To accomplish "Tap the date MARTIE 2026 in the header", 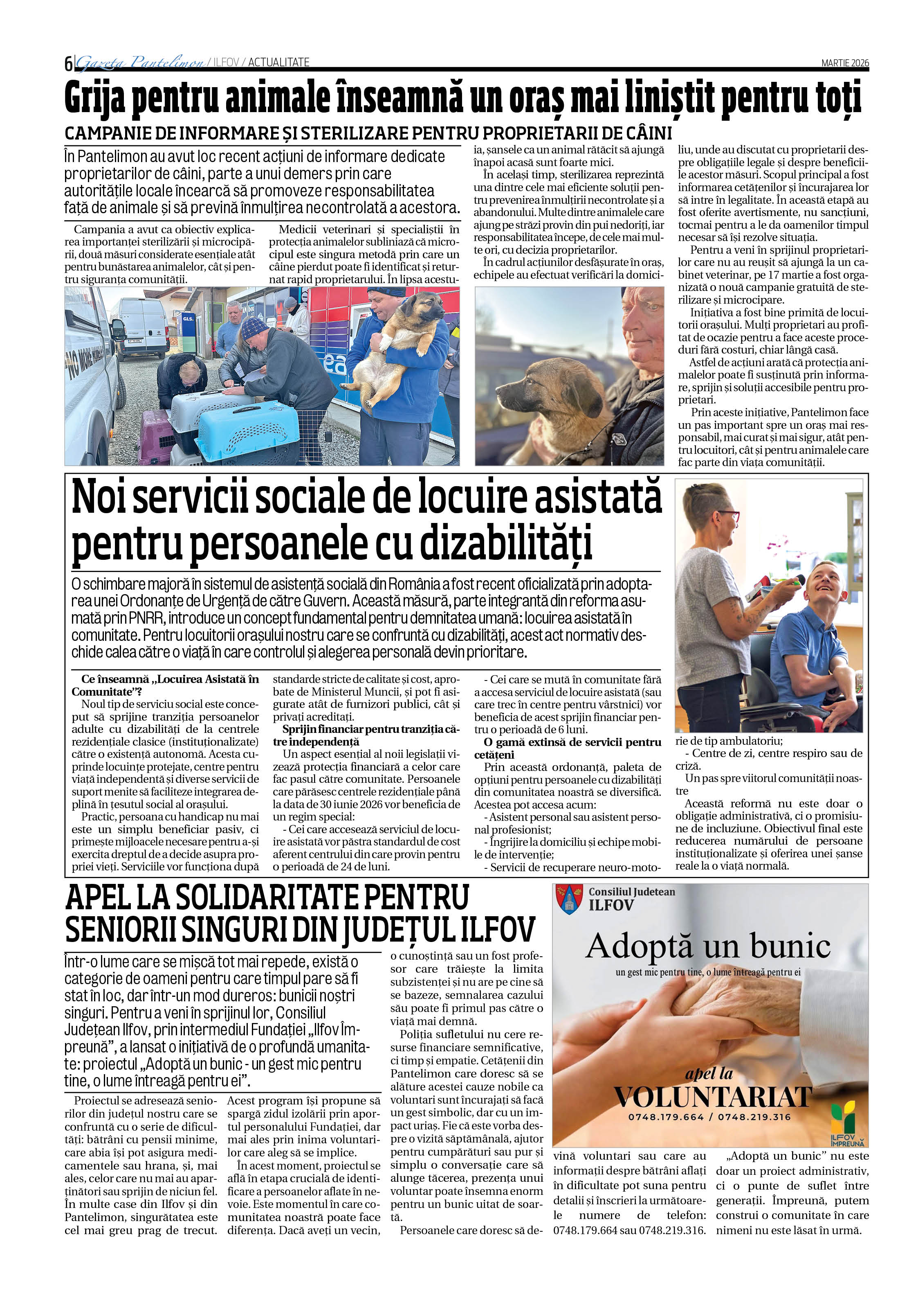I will tap(844, 63).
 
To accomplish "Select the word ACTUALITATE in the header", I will tap(279, 62).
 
